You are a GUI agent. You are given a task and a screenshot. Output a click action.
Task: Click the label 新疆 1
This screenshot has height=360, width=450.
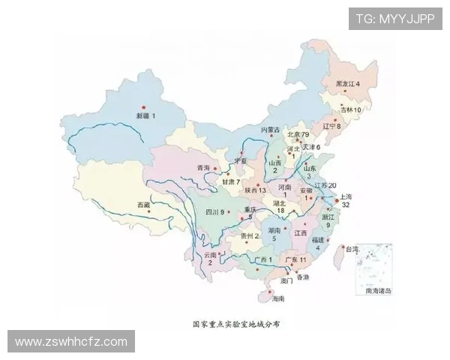145,116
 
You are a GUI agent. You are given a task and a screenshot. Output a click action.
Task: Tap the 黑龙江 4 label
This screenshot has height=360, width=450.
347,83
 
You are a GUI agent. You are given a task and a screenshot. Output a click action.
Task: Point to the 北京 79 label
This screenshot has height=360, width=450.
299,134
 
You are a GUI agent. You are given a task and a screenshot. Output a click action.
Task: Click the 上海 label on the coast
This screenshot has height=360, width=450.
346,196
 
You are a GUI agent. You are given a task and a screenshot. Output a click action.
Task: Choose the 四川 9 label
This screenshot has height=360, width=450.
215,212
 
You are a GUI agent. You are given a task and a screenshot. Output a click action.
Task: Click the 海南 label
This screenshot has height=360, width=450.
278,298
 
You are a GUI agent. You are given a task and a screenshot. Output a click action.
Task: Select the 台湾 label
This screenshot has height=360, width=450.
350,248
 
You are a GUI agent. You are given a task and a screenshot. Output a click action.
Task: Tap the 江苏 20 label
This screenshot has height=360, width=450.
325,185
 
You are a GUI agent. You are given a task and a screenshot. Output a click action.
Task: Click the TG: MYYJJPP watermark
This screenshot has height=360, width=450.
395,19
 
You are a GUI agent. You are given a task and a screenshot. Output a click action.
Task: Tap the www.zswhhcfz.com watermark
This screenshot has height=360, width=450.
71,341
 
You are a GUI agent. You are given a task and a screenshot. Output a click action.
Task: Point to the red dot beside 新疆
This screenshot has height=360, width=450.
143,106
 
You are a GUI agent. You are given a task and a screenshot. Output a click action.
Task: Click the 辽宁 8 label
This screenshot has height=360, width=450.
331,126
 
